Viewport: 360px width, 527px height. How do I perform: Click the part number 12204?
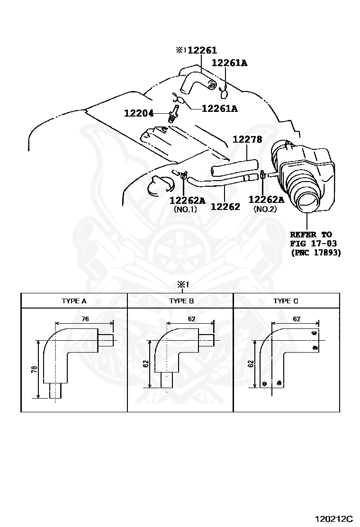139,113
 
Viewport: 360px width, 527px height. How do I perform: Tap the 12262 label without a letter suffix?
225,207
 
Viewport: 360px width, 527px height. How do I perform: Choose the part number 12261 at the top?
202,51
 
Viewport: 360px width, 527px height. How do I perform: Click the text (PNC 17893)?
315,253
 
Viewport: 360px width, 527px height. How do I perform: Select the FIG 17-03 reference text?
313,244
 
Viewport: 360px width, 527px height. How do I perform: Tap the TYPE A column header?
74,301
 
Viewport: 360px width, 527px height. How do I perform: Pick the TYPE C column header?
286,301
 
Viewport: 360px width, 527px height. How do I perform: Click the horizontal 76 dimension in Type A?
85,319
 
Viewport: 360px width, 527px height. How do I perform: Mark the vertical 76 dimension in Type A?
34,369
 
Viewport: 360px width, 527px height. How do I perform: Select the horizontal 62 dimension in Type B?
191,319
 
